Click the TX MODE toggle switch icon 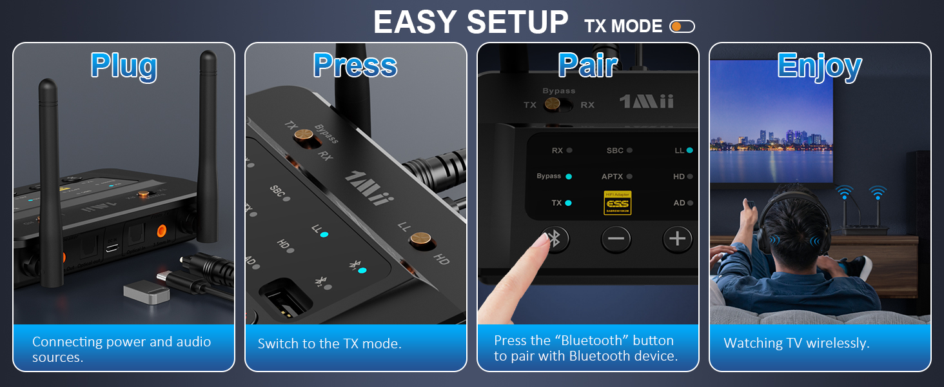682,26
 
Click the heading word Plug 124,66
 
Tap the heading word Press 355,66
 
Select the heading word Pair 587,66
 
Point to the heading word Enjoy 820,66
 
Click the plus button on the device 676,239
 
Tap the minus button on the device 616,239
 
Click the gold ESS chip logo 617,203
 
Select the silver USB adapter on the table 146,293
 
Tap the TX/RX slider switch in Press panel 304,135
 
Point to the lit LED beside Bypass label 569,176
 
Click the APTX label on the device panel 612,176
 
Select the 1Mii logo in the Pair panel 646,102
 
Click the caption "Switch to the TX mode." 329,344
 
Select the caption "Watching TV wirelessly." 796,343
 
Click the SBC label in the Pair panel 615,150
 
